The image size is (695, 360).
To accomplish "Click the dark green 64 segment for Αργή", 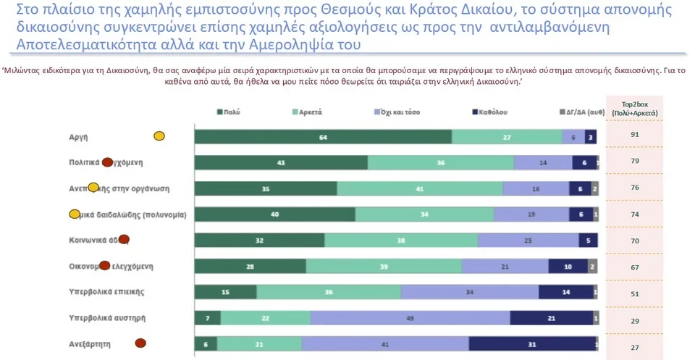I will click(323, 137).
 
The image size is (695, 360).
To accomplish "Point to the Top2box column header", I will click(634, 109).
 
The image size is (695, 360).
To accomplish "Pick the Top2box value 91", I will click(634, 135).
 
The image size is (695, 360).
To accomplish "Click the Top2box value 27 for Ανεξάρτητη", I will click(634, 348).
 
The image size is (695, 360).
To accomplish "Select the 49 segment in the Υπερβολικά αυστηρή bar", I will click(410, 319).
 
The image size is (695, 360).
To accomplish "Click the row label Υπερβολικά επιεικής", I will click(107, 292).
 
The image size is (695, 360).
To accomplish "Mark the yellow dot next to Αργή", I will click(159, 135).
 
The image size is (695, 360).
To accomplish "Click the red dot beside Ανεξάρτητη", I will click(140, 343).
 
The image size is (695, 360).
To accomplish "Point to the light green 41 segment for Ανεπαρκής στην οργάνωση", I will click(420, 189).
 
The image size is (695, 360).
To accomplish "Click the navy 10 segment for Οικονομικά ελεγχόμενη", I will click(568, 267).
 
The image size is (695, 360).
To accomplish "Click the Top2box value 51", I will click(634, 294).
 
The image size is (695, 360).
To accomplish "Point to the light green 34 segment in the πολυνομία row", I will click(425, 214).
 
